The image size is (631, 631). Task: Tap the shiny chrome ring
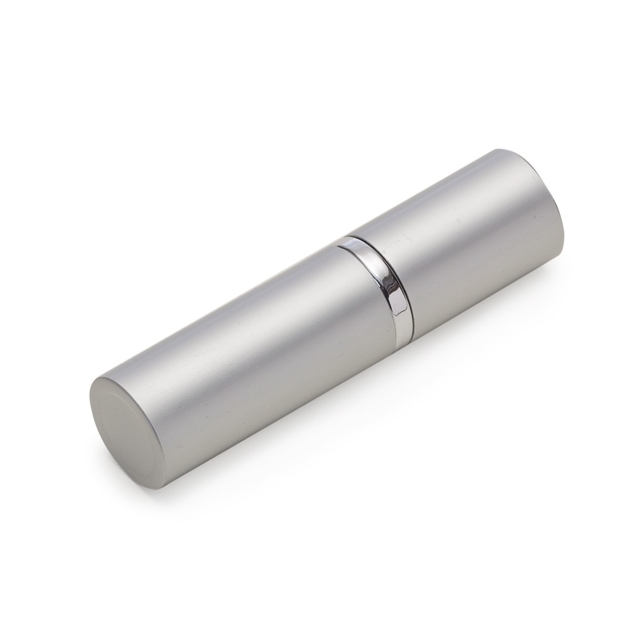(379, 281)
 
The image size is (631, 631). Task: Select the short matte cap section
(467, 240)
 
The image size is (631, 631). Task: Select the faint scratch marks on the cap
(486, 252)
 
